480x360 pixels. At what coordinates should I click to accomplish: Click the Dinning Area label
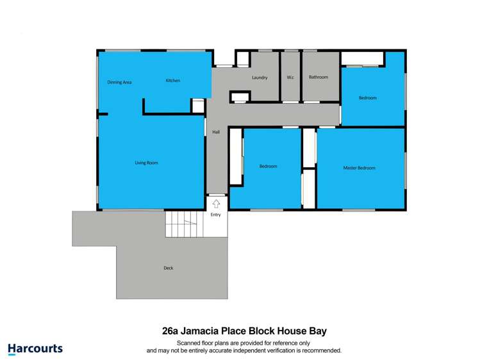pyautogui.click(x=119, y=82)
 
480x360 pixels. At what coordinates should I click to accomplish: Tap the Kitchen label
pyautogui.click(x=173, y=81)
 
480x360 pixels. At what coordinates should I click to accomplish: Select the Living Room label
pyautogui.click(x=146, y=163)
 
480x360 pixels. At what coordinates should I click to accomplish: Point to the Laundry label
pyautogui.click(x=260, y=78)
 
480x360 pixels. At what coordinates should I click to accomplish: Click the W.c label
pyautogui.click(x=290, y=78)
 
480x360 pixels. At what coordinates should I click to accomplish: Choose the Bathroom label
pyautogui.click(x=318, y=77)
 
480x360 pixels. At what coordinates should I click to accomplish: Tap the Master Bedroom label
pyautogui.click(x=359, y=168)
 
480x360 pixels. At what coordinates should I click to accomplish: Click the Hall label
pyautogui.click(x=216, y=132)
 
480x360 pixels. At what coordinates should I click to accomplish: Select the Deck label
pyautogui.click(x=168, y=268)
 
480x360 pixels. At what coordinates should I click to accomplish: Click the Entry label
pyautogui.click(x=216, y=215)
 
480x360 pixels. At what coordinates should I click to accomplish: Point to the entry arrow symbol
pyautogui.click(x=216, y=204)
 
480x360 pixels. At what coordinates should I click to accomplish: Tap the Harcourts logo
pyautogui.click(x=35, y=349)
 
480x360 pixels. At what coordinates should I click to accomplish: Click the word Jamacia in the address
pyautogui.click(x=204, y=331)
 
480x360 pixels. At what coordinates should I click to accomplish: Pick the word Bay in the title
pyautogui.click(x=317, y=331)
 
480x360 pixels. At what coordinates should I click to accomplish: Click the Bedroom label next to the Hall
pyautogui.click(x=268, y=167)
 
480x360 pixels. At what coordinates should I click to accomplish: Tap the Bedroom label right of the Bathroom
pyautogui.click(x=367, y=98)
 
